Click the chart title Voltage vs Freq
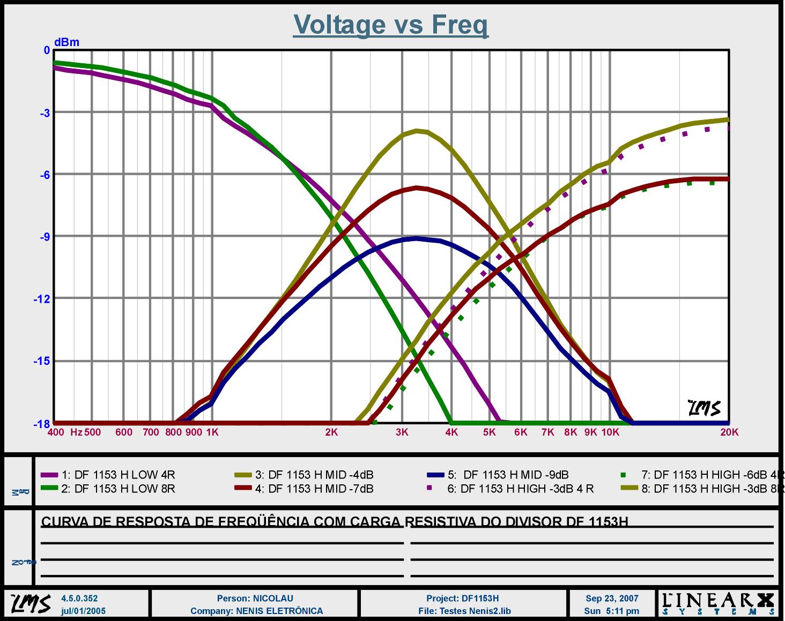click(390, 24)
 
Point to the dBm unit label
click(66, 42)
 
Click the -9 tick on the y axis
click(43, 236)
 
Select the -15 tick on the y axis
click(41, 361)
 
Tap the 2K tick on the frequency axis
click(331, 432)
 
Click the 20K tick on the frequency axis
click(729, 432)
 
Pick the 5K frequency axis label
click(489, 432)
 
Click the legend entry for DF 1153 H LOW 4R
click(119, 475)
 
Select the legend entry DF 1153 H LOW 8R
click(119, 489)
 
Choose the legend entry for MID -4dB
click(314, 475)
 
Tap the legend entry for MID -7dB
click(314, 489)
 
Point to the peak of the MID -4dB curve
click(417, 130)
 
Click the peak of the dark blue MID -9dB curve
click(417, 238)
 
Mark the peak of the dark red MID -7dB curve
click(417, 188)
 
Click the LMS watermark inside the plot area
click(704, 408)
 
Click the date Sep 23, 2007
click(612, 598)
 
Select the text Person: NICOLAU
click(255, 598)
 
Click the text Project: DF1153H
click(462, 598)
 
